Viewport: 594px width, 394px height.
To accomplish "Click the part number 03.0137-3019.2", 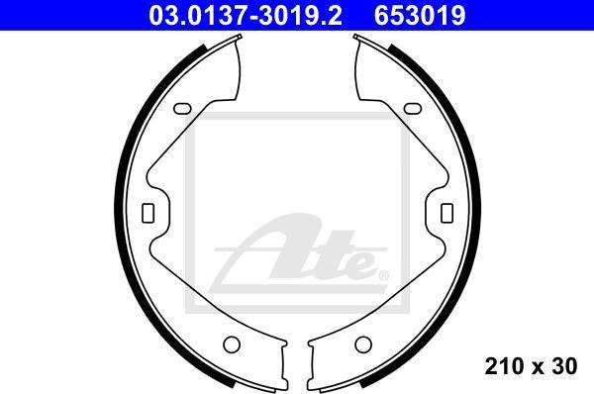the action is tap(246, 15).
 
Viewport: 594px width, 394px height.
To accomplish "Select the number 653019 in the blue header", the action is tap(420, 15).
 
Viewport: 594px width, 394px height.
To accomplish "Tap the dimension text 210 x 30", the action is tap(531, 366).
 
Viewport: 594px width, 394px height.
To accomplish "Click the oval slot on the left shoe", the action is tap(182, 109).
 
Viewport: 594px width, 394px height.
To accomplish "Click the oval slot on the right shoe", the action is tap(413, 109).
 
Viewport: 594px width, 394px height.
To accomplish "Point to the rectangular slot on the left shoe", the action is tap(148, 213).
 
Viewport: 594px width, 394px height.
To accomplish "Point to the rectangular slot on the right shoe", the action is tap(447, 213).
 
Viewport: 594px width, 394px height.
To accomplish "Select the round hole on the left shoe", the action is tap(232, 345).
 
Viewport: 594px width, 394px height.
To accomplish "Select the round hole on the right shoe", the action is tap(363, 345).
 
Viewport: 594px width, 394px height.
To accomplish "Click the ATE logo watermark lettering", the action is tap(299, 253).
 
